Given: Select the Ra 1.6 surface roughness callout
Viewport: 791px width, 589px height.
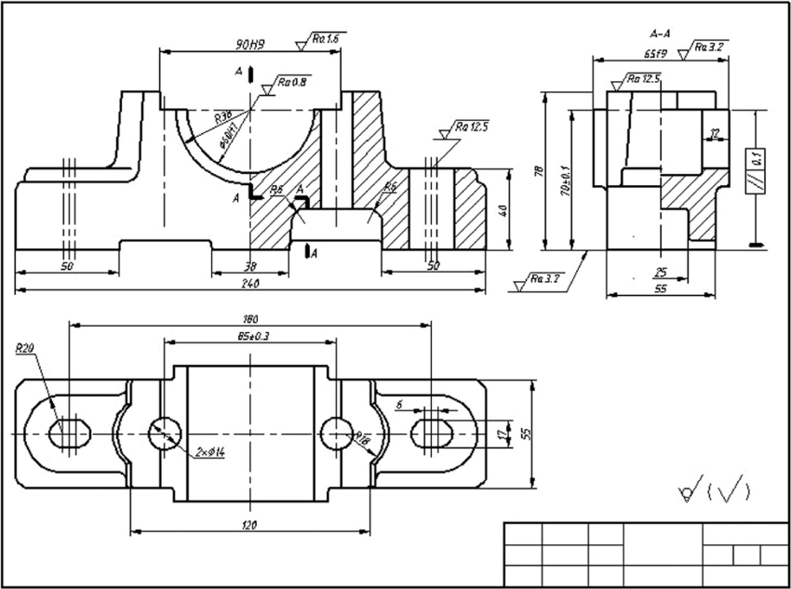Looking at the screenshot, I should coord(323,39).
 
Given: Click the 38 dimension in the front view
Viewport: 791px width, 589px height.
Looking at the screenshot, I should coord(250,266).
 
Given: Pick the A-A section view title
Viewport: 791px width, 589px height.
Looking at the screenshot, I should coord(662,34).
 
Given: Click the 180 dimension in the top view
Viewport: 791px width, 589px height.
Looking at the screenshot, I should coord(249,319).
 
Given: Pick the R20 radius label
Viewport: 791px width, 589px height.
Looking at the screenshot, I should coord(25,349).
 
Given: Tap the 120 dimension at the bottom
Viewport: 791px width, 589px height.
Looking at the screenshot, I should coord(249,526).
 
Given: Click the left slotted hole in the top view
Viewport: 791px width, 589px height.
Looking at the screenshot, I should coord(68,433).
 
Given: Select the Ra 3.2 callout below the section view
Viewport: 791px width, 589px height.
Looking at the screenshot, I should coord(540,278).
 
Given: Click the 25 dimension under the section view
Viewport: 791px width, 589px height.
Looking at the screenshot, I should coord(659,273).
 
